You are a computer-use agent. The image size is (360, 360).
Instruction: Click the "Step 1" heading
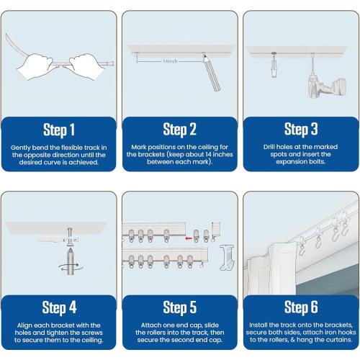(x=59, y=130)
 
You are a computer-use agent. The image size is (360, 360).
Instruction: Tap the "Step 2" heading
(x=180, y=130)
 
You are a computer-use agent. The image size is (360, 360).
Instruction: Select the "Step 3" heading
(x=301, y=130)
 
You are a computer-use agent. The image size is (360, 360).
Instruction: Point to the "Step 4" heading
(x=59, y=307)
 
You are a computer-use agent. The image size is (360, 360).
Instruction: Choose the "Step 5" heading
(x=180, y=307)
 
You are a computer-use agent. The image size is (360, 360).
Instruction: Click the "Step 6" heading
(x=301, y=307)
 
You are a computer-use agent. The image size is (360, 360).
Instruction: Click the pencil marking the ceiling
(x=212, y=73)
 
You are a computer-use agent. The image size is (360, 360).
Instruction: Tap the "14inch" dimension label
(x=170, y=61)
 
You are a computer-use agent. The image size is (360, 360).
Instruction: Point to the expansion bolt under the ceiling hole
(x=274, y=68)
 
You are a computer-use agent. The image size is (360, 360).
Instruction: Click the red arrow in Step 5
(x=189, y=238)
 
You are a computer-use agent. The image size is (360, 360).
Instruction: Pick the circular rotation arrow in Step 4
(x=71, y=267)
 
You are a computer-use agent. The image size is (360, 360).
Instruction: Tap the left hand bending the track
(x=35, y=67)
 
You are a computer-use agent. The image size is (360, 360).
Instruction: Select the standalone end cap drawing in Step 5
(x=227, y=258)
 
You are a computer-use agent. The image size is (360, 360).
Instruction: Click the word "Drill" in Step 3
(x=269, y=147)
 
